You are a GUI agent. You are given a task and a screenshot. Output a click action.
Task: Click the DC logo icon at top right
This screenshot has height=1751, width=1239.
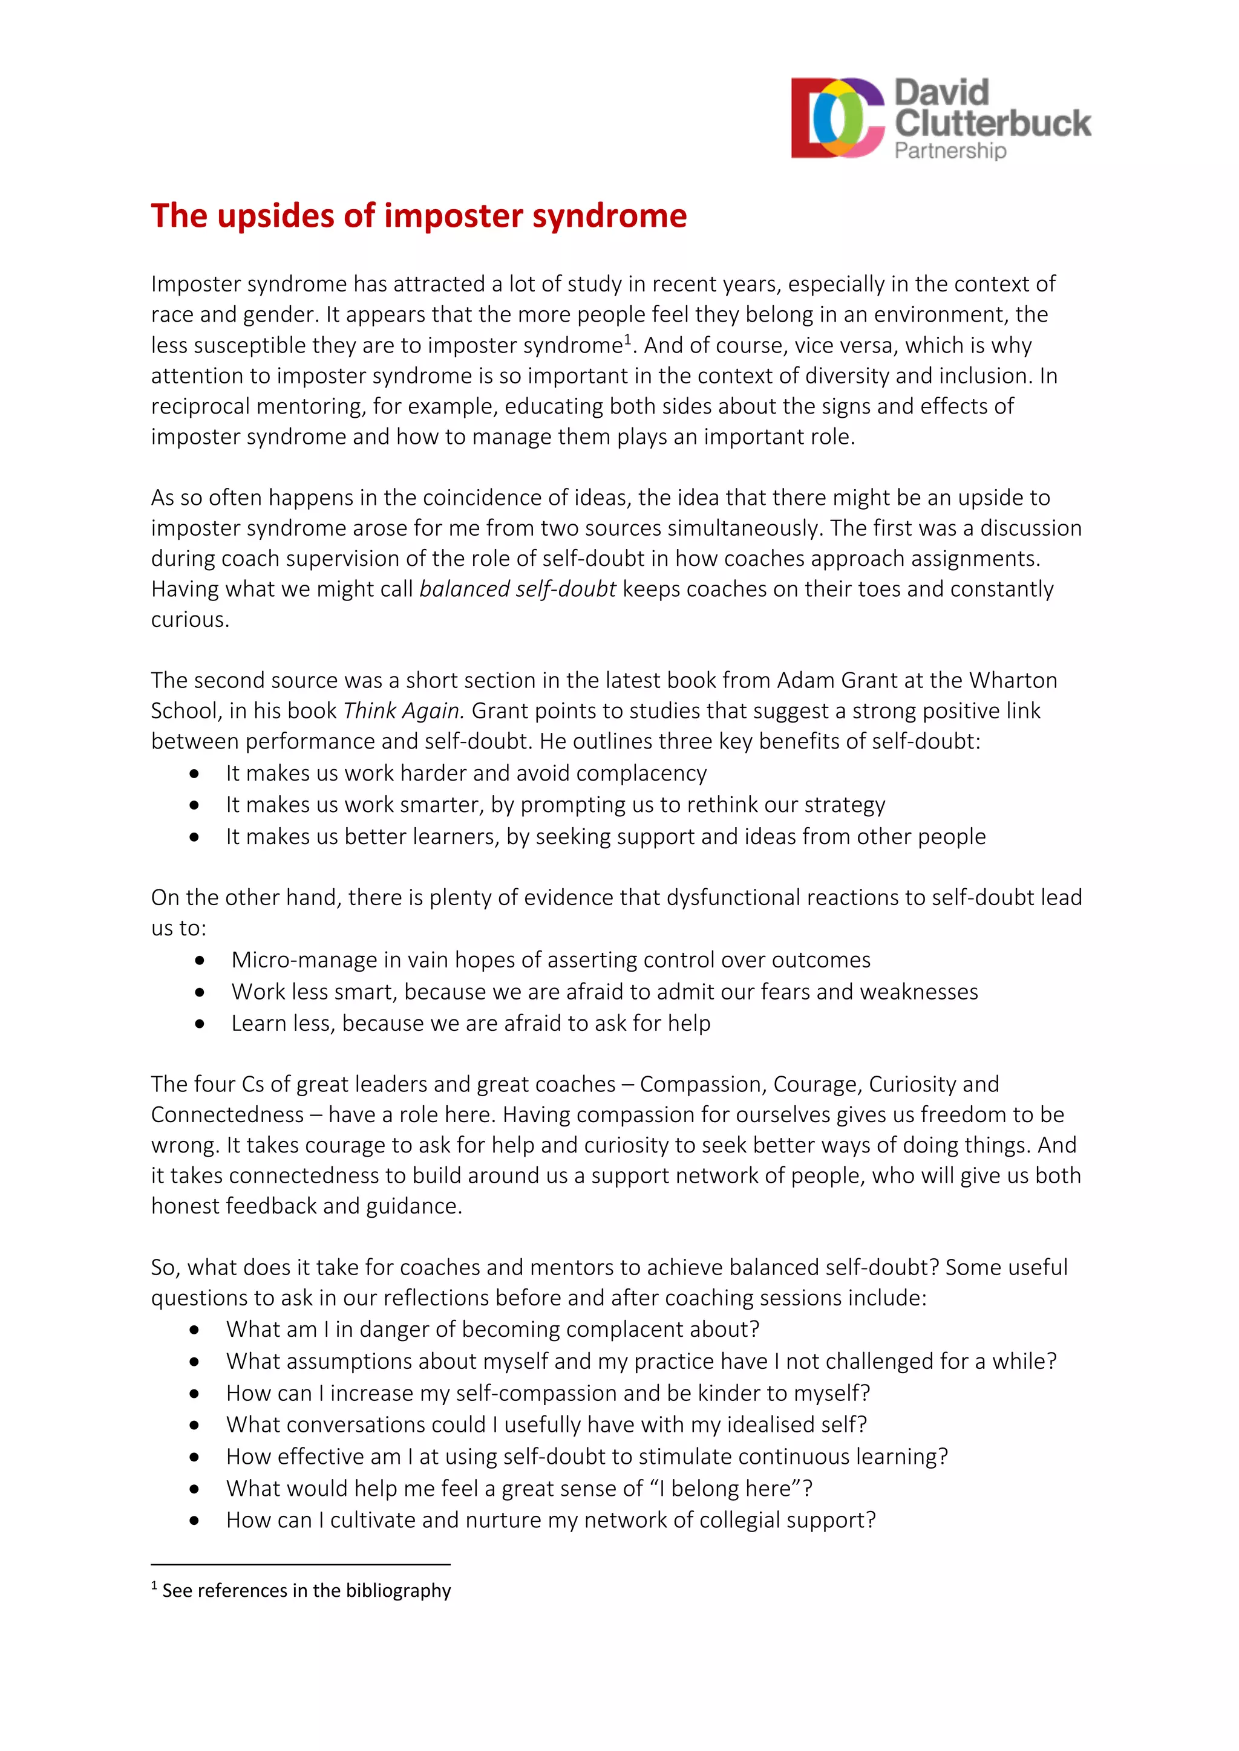pyautogui.click(x=837, y=119)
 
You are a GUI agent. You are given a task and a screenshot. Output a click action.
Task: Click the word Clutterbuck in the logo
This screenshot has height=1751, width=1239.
pyautogui.click(x=993, y=123)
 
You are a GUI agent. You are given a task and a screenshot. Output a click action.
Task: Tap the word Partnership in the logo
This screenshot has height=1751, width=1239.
pyautogui.click(x=950, y=151)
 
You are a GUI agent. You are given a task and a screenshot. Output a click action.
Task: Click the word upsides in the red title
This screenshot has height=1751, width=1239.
pyautogui.click(x=276, y=216)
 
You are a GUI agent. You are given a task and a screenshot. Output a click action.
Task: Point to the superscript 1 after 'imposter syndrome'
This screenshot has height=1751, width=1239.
pyautogui.click(x=628, y=339)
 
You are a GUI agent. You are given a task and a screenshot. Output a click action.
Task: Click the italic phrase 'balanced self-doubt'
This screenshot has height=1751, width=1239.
pyautogui.click(x=517, y=589)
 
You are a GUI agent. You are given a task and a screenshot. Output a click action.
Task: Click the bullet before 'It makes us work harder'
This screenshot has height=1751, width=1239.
pyautogui.click(x=195, y=774)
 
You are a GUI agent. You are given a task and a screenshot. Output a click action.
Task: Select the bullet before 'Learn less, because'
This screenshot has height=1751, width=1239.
pyautogui.click(x=200, y=1024)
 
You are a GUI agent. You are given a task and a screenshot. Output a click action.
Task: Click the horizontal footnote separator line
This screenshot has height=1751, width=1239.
pyautogui.click(x=301, y=1565)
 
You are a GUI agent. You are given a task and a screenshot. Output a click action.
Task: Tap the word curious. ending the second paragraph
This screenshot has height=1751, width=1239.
pyautogui.click(x=190, y=619)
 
